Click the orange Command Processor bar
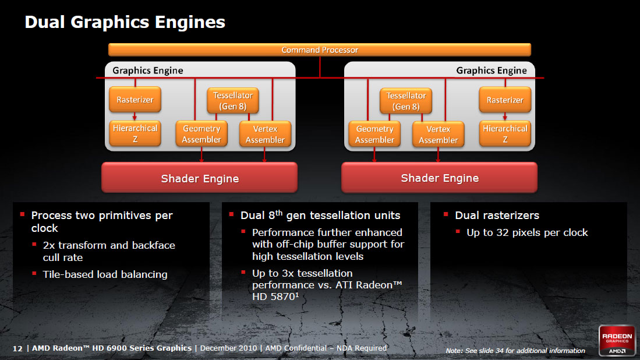click(x=320, y=50)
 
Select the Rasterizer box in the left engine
click(x=135, y=100)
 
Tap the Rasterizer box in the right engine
click(x=505, y=100)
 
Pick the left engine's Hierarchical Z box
click(x=135, y=133)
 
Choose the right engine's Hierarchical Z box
click(x=505, y=133)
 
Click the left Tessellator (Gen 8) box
click(x=233, y=101)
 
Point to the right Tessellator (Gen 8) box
click(x=406, y=101)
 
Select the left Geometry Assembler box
click(x=201, y=134)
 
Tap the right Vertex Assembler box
click(x=438, y=134)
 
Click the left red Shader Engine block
click(x=200, y=178)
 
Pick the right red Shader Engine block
click(x=440, y=178)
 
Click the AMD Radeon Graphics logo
click(x=617, y=340)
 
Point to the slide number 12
click(x=17, y=348)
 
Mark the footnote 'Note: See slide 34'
click(x=515, y=351)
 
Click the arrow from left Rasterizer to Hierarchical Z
click(x=135, y=117)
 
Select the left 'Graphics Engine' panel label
click(x=148, y=70)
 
